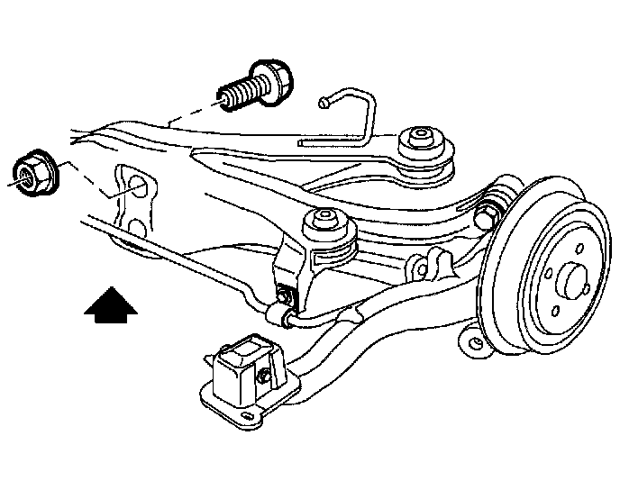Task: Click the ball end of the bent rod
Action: click(x=322, y=105)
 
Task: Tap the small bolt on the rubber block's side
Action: click(x=265, y=374)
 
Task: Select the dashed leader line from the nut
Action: click(x=81, y=180)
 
